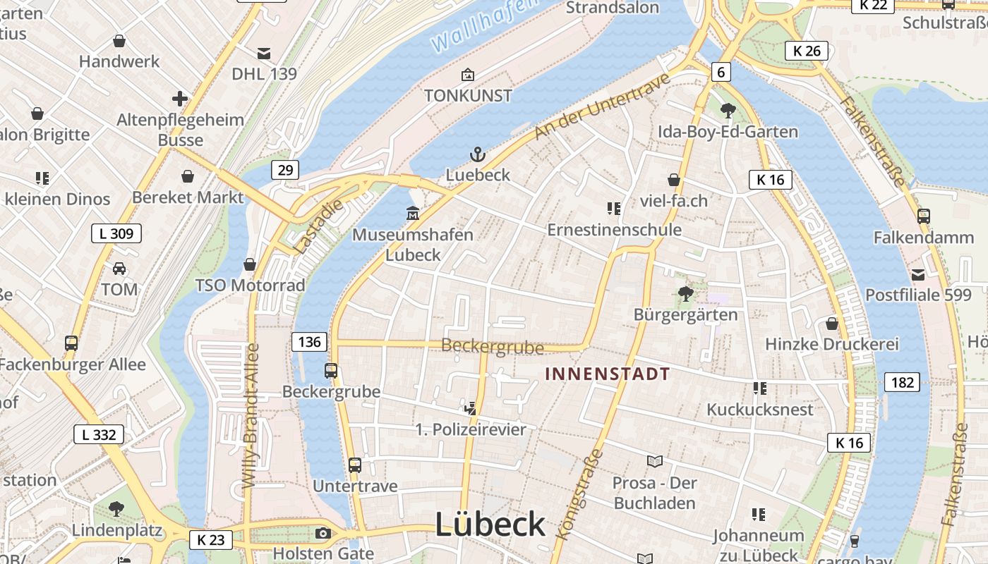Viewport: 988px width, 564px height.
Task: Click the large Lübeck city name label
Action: (x=490, y=525)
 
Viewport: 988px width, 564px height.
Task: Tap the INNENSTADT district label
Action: (x=607, y=374)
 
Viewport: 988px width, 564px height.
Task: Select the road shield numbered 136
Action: (x=309, y=343)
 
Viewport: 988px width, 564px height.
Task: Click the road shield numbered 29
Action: (x=284, y=170)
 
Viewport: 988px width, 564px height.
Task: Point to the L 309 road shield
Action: (x=116, y=233)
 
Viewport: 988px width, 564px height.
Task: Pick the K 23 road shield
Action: (x=210, y=541)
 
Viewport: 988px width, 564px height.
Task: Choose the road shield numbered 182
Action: (x=902, y=383)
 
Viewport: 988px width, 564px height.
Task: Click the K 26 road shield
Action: (x=807, y=51)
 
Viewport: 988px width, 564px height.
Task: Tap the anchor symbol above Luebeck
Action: (x=478, y=154)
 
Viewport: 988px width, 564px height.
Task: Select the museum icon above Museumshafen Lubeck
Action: (x=413, y=213)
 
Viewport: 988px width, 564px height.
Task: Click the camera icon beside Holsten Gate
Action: (x=323, y=533)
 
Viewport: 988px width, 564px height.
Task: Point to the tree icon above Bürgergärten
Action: (x=685, y=294)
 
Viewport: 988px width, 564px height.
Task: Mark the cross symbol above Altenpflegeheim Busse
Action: (x=180, y=98)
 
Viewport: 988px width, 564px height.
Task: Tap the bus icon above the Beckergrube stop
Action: (x=331, y=370)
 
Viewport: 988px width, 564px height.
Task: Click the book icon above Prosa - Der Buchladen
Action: (x=655, y=462)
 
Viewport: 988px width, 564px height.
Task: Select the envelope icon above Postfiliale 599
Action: (x=918, y=275)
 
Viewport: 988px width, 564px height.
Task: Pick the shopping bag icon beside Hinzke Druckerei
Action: (x=832, y=324)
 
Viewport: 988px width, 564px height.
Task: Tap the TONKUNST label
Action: (x=468, y=96)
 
